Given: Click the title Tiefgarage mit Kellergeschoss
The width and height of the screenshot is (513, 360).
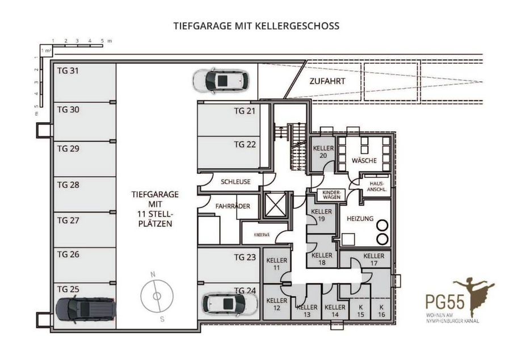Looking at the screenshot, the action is [x=256, y=26].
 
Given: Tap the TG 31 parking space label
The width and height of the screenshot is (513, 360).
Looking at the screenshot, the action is [x=68, y=70].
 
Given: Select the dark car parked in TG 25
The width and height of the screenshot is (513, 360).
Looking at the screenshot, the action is [x=86, y=309].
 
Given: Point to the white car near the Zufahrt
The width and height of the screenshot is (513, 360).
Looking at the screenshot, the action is [x=221, y=81].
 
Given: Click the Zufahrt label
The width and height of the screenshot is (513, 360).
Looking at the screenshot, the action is [x=327, y=81].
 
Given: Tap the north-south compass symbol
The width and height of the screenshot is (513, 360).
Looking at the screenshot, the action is [x=157, y=296].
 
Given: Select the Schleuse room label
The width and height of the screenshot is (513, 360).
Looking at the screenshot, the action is [x=236, y=182].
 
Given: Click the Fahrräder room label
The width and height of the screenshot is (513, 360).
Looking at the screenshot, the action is [x=233, y=206].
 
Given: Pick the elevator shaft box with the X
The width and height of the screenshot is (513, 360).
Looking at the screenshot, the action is [x=275, y=205].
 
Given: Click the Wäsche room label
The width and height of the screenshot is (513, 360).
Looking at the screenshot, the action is [x=364, y=161].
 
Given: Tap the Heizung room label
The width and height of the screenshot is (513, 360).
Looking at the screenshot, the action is [x=360, y=219].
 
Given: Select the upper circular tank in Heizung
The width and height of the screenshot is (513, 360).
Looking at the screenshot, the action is [x=382, y=225].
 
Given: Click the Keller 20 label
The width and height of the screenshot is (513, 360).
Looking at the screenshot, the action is [x=323, y=152].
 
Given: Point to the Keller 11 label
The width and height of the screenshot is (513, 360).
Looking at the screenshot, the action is [x=277, y=264].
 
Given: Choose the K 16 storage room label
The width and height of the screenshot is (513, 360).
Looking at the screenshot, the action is [x=381, y=311].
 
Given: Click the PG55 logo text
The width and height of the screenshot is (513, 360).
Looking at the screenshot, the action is [x=445, y=302].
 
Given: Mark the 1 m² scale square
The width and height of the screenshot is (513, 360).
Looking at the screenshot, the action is [x=46, y=51].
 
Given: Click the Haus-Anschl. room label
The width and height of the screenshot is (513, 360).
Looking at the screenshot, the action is [x=377, y=187].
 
